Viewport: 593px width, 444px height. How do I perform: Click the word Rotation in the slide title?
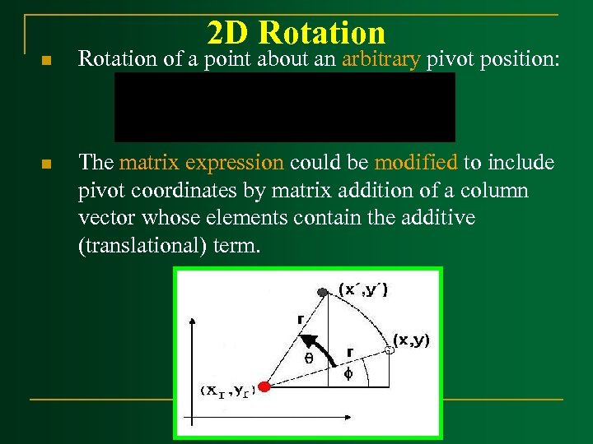pyautogui.click(x=321, y=33)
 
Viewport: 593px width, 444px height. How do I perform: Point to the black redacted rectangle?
pyautogui.click(x=284, y=107)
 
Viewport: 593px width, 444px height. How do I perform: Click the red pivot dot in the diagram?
pyautogui.click(x=264, y=386)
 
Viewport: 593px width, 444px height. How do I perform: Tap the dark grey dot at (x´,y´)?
pyautogui.click(x=323, y=292)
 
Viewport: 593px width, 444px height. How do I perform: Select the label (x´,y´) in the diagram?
pyautogui.click(x=363, y=289)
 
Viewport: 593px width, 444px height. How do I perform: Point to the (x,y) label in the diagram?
pyautogui.click(x=411, y=340)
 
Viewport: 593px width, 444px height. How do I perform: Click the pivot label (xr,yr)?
pyautogui.click(x=228, y=391)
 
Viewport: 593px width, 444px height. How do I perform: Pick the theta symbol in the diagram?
pyautogui.click(x=309, y=358)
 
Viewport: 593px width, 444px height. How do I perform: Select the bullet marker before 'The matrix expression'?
pyautogui.click(x=47, y=165)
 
